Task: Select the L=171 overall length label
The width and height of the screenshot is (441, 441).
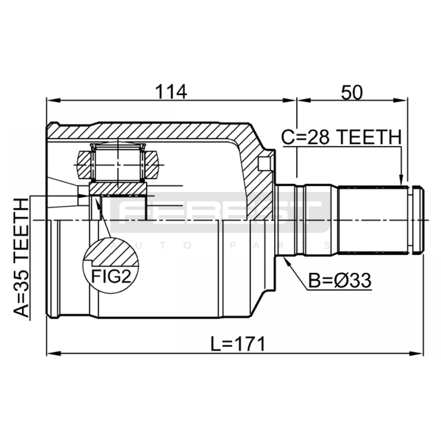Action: [238, 344]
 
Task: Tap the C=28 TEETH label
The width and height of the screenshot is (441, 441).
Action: [341, 137]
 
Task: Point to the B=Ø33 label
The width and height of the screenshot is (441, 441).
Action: [340, 281]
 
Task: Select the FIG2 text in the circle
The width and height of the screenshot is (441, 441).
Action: [111, 276]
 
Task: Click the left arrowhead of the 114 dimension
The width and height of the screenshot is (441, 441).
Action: [53, 100]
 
